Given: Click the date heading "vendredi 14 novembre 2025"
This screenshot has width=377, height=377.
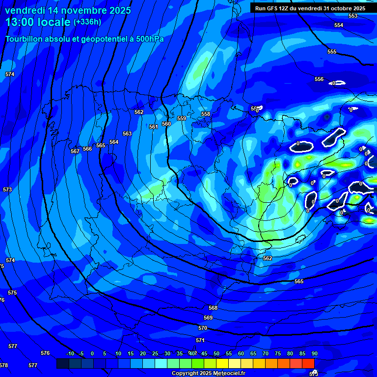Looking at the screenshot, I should click(68, 10).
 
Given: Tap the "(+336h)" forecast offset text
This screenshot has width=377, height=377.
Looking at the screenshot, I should click(87, 22).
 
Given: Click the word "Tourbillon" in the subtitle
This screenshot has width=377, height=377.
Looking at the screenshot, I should click(25, 39).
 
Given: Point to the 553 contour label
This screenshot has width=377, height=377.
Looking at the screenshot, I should click(353, 16).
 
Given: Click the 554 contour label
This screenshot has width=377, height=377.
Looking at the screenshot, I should click(339, 25).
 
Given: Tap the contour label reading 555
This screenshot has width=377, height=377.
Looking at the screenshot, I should click(332, 52).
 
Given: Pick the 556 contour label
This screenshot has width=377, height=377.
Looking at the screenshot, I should click(319, 79).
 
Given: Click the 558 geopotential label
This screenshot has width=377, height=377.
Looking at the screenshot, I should click(206, 114).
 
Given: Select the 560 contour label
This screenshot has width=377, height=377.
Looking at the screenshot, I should click(166, 124).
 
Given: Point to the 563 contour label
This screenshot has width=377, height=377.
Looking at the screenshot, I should click(127, 134).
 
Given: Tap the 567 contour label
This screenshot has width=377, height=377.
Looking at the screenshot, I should click(75, 151).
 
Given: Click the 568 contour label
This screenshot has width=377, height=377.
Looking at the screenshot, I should click(213, 308).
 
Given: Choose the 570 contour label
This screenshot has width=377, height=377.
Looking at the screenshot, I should click(203, 328).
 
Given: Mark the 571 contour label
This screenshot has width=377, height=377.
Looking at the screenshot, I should click(200, 340).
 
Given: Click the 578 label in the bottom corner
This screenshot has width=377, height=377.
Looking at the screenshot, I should click(4, 365).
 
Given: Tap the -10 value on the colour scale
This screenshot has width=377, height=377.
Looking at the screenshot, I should click(70, 353).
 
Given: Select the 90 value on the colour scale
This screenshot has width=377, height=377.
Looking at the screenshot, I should click(314, 353).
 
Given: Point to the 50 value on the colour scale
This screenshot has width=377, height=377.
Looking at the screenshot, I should click(216, 353).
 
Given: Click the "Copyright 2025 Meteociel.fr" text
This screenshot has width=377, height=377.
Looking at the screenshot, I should click(208, 373).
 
